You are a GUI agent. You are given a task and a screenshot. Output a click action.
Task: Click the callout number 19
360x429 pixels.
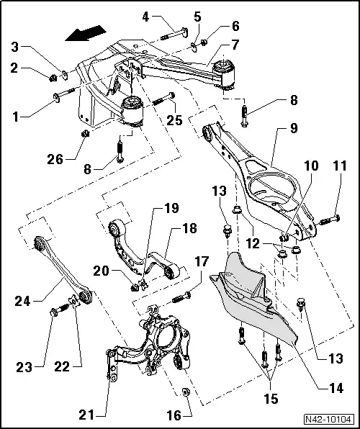[171, 209]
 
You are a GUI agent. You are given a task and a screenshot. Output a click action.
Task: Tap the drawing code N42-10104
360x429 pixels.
[328, 417]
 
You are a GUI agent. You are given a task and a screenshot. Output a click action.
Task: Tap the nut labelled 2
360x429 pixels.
[55, 77]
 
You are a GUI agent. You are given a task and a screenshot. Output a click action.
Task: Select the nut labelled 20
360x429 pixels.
[135, 287]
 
